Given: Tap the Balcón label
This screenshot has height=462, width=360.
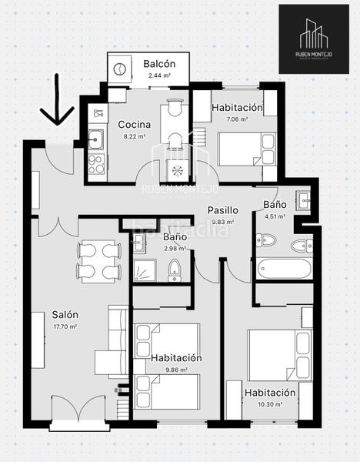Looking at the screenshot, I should (160, 64).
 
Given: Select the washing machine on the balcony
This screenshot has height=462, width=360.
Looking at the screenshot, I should (121, 69).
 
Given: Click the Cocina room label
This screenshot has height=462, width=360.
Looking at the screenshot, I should (134, 124).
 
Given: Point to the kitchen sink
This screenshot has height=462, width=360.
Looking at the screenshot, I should (96, 139).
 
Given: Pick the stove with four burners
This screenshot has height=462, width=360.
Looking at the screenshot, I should (96, 163).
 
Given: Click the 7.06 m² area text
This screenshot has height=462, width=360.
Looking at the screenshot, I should (237, 119).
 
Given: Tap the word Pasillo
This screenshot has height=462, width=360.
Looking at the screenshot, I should (222, 210).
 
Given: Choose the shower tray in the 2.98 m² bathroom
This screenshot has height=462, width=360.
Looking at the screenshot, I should (142, 269).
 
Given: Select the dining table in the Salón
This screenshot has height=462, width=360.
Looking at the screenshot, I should (98, 260).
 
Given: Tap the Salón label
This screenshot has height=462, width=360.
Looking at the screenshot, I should (65, 315).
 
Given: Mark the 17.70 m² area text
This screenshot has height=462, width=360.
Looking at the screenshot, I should (65, 326).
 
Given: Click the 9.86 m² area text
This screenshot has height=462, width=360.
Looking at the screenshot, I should (176, 370).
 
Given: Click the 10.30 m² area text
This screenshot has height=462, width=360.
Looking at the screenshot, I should (269, 404).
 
